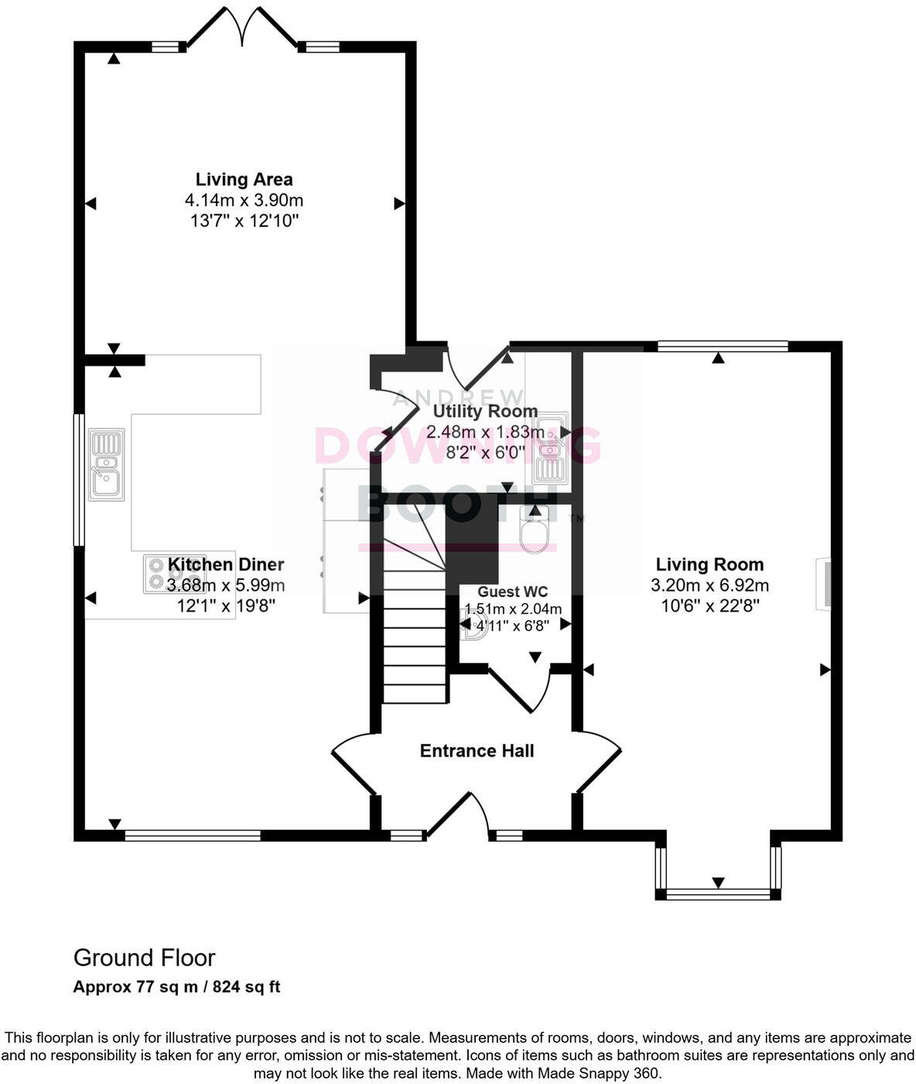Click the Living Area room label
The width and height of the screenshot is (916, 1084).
click(244, 180)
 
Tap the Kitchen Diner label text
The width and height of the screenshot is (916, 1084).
click(226, 564)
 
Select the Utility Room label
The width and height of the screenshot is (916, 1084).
click(485, 411)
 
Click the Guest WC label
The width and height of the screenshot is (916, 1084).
click(512, 592)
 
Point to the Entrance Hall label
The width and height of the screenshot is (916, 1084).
click(477, 750)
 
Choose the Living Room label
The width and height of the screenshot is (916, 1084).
click(709, 564)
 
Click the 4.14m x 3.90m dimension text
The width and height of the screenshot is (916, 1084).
click(244, 201)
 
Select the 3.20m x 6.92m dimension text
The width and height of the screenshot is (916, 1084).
click(709, 585)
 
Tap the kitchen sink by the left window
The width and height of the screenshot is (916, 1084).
click(106, 464)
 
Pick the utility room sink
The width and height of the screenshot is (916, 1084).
click(550, 449)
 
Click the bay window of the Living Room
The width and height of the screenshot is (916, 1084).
click(717, 894)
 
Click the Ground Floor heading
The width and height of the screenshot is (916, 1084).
click(144, 958)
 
